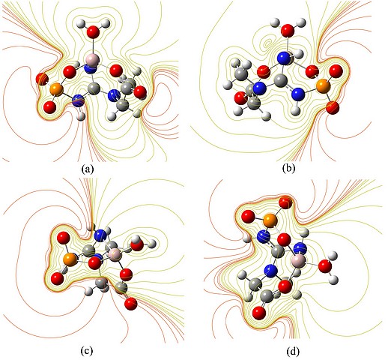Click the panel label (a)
tap(87, 169)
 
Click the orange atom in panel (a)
tap(56, 90)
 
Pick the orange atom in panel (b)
tap(324, 86)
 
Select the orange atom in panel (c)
tap(70, 259)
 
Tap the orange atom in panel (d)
tap(270, 220)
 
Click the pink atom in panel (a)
tap(92, 60)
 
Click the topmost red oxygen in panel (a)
tap(94, 32)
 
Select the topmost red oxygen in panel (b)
tap(288, 31)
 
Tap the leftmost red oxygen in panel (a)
tap(42, 79)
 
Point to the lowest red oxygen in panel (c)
tap(131, 304)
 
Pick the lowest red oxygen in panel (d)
tap(259, 313)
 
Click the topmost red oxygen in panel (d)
tap(285, 203)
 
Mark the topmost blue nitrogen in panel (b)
tap(285, 58)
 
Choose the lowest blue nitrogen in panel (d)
tap(270, 271)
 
